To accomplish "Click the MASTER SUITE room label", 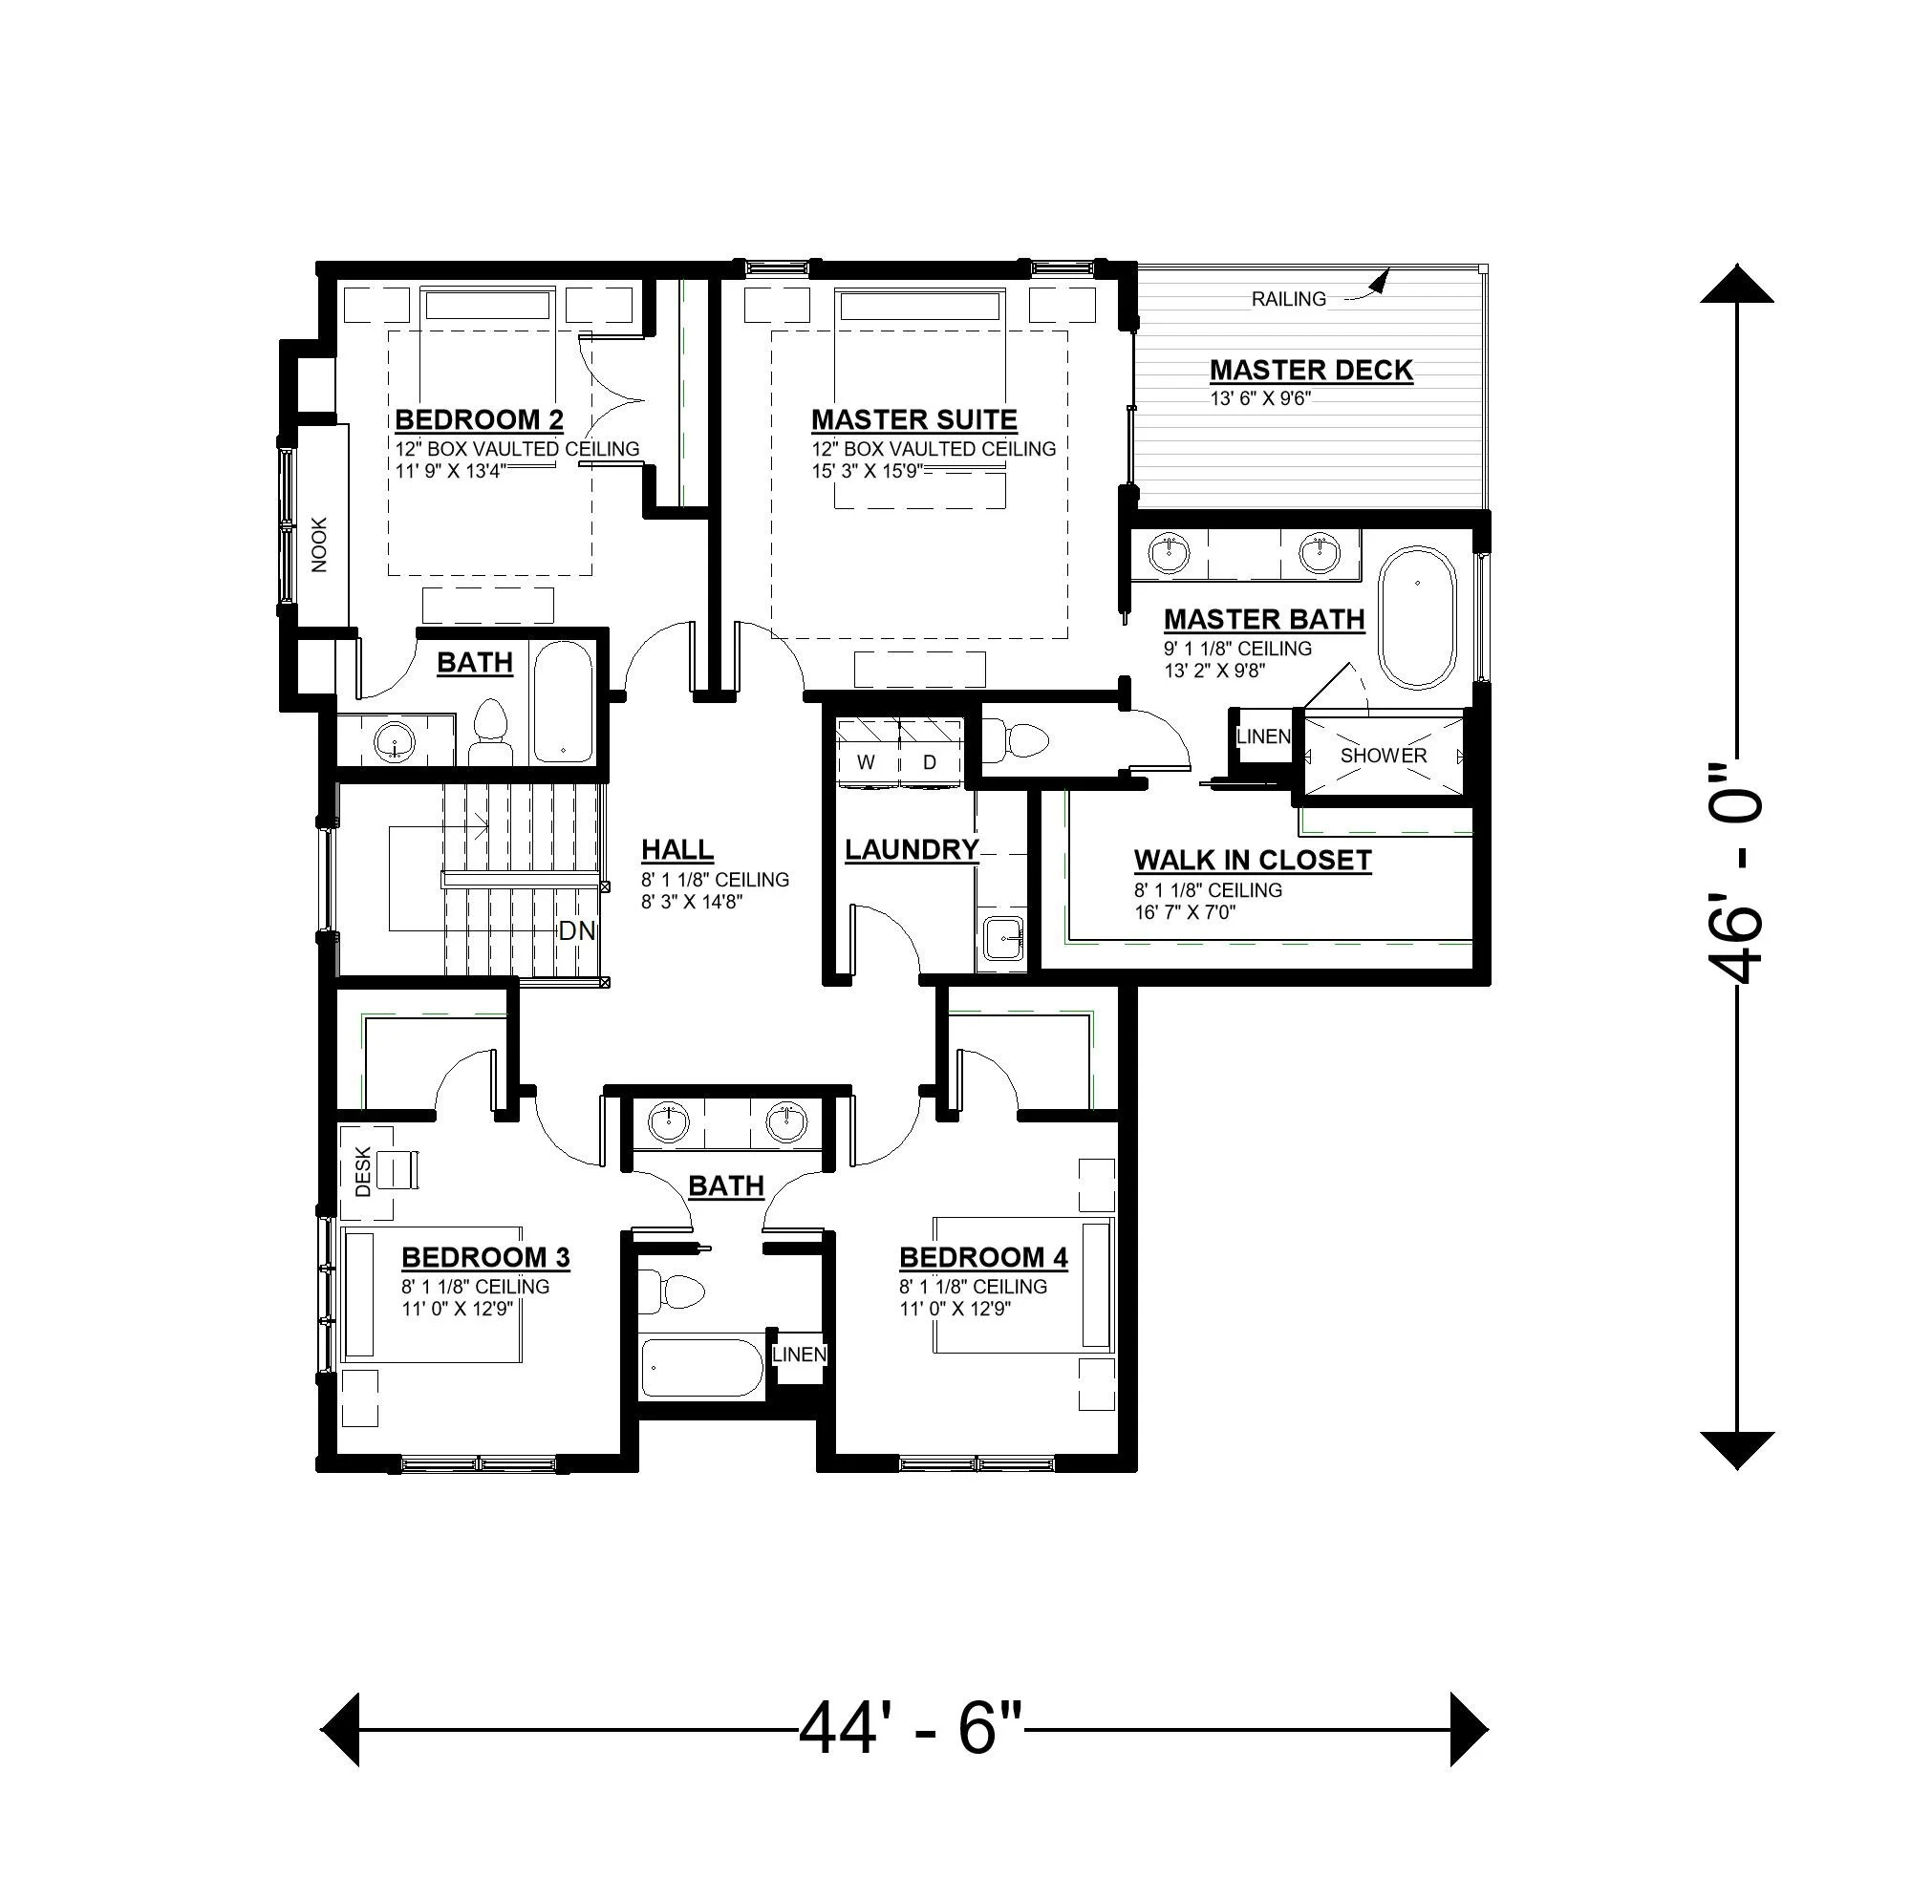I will (914, 420).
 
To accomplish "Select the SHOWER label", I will (1383, 756).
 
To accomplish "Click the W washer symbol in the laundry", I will (867, 762).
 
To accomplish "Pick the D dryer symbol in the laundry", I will (930, 762).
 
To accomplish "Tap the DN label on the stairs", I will (577, 930).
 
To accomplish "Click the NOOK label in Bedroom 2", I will (318, 545).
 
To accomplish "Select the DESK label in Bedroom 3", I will (363, 1172).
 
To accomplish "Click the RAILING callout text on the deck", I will (1288, 299).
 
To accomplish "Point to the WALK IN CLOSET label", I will (1253, 861).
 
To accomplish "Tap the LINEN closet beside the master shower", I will (1262, 736).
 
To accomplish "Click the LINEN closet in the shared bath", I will (798, 1354).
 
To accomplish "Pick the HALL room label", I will (677, 850).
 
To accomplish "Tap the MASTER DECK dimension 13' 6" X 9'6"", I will (1261, 398).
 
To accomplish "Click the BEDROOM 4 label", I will (983, 1258).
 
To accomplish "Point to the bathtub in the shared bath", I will (701, 1368).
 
